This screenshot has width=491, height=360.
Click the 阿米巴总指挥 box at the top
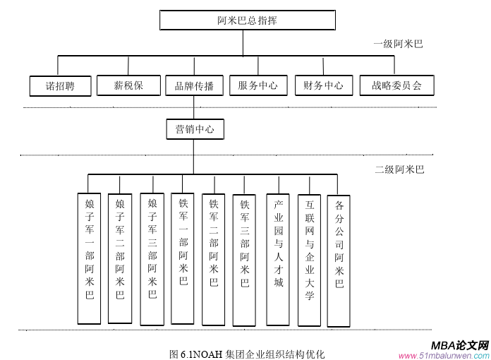(x=247, y=20)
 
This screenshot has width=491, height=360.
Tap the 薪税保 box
(x=128, y=86)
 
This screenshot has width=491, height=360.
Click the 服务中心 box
(x=257, y=86)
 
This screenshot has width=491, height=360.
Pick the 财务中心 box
(x=323, y=86)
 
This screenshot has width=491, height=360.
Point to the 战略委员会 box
(x=396, y=86)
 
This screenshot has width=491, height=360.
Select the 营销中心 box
(x=195, y=130)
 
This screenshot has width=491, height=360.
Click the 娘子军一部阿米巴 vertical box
(x=90, y=258)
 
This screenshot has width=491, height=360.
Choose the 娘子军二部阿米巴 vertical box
(x=120, y=258)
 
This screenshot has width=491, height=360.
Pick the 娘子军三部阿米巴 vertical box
(x=152, y=258)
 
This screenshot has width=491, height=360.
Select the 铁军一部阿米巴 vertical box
(x=183, y=258)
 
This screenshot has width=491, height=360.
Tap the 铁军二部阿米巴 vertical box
(x=214, y=258)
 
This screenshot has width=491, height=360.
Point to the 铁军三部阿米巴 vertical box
(x=244, y=258)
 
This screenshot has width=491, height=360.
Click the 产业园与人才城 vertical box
(x=278, y=258)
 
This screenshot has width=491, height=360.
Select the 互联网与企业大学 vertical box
(x=309, y=258)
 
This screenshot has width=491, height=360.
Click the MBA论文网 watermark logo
(x=460, y=345)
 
